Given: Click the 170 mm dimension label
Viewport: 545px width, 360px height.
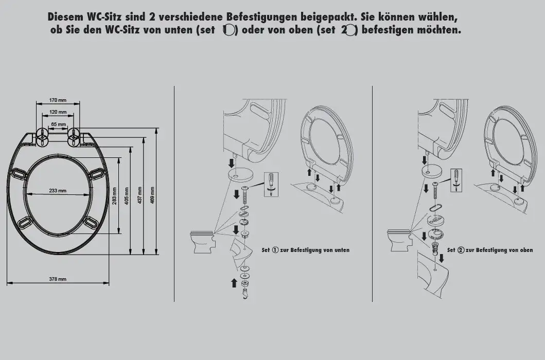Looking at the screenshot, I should [x=58, y=100].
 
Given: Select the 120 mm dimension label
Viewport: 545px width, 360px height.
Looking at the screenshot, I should [x=58, y=112].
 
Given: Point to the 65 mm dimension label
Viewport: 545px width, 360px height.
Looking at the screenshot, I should [x=58, y=124].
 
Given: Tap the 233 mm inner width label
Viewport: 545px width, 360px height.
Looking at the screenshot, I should [x=58, y=191].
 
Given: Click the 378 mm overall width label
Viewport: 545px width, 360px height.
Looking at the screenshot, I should [x=58, y=279].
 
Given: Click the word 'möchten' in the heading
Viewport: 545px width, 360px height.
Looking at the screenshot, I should [x=437, y=30].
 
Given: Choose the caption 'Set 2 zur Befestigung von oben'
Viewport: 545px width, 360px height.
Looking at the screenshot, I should [x=489, y=250].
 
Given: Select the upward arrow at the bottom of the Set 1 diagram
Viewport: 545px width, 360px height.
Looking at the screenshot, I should [x=234, y=282].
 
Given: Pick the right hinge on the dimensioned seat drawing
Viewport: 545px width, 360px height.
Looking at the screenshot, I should [x=74, y=136].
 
